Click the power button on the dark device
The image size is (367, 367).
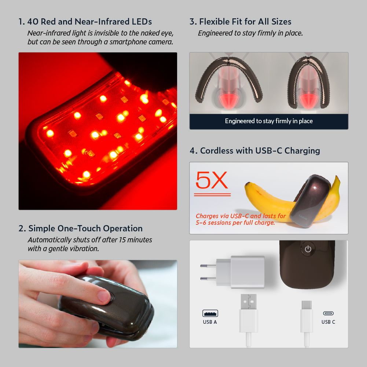coord(308,249)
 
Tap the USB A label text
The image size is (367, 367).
coord(210,322)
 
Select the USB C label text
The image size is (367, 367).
coord(328,322)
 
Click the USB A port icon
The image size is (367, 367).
coord(210,313)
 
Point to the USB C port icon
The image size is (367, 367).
coord(328,313)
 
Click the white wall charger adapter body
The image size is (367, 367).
coord(241,272)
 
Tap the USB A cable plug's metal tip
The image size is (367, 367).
coord(249,302)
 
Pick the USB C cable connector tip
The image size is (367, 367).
coord(307,305)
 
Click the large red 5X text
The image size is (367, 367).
coord(212,180)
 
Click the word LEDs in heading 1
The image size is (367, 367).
coord(142,22)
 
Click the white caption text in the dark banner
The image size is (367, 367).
coord(269,121)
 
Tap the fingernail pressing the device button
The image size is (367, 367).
coord(104,296)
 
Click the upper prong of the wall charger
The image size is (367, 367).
coord(208,266)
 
